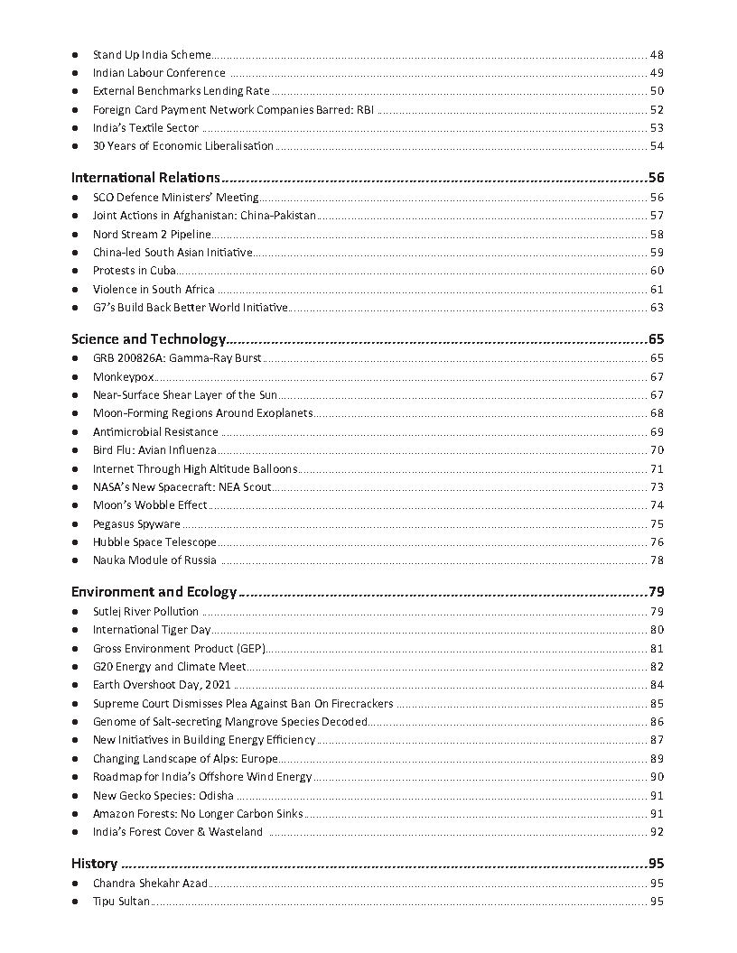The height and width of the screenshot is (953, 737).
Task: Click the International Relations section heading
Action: pos(145,178)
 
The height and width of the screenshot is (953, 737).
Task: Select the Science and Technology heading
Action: pos(148,339)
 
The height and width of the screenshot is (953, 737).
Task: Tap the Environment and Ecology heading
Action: pos(154,592)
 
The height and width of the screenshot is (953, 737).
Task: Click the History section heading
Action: pos(94,863)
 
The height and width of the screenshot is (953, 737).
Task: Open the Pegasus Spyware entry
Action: pos(136,523)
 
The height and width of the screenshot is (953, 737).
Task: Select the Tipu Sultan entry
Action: pos(121,901)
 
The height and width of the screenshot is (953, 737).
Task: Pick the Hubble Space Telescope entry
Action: pos(154,541)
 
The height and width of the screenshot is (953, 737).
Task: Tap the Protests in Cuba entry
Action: pos(134,271)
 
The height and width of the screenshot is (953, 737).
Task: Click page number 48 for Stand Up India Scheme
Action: pos(657,55)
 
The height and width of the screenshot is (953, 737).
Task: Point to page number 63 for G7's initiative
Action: pos(657,308)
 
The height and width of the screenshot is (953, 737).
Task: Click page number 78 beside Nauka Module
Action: pos(657,560)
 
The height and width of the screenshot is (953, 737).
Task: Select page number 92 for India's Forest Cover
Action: pos(657,831)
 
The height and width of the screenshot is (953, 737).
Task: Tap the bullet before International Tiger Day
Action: pos(75,630)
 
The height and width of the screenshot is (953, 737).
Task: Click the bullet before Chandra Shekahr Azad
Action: pos(75,884)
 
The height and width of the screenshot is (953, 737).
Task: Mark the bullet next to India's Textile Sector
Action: pos(75,128)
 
